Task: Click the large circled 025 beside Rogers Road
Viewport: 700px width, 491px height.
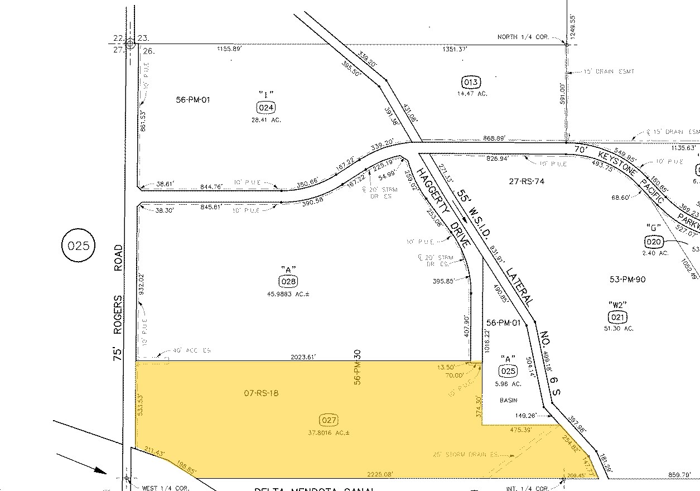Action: click(x=78, y=245)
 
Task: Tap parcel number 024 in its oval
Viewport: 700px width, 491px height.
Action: click(x=265, y=107)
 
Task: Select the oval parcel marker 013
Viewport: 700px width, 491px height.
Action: click(x=471, y=83)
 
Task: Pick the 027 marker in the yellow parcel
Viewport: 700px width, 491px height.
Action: click(x=329, y=420)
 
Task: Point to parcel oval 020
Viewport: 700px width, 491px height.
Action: click(x=654, y=241)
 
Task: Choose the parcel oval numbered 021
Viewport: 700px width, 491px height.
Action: click(x=617, y=317)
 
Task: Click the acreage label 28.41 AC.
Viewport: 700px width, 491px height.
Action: click(x=265, y=119)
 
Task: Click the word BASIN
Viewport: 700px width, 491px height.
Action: click(x=508, y=400)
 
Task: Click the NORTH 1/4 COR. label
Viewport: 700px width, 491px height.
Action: click(x=523, y=37)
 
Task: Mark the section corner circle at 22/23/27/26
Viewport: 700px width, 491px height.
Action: click(x=131, y=44)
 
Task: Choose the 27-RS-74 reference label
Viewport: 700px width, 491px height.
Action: click(x=527, y=181)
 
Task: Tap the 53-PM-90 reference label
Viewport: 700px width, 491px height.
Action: click(x=629, y=279)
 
